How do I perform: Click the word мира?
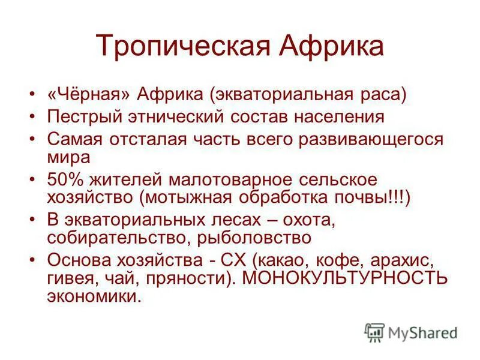[x=68, y=157]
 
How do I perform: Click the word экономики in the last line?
[x=95, y=296]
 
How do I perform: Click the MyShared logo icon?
[x=374, y=331]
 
